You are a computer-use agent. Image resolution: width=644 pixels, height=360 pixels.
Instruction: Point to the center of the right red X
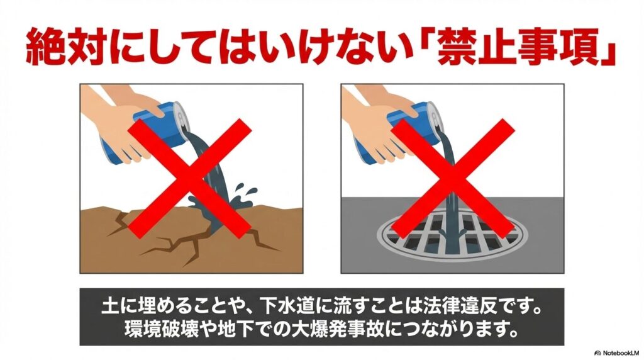point(452,179)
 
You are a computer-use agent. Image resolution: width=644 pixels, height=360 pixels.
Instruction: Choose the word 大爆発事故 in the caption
point(339,329)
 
